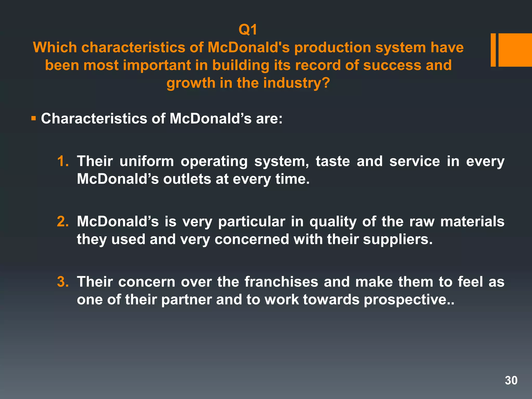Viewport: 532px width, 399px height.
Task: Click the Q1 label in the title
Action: coord(248,30)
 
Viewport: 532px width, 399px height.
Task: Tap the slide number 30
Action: coord(511,380)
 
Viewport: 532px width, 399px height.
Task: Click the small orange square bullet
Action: coord(33,119)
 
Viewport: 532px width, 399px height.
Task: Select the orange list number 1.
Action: coord(63,161)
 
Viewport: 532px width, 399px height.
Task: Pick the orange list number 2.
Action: coord(63,221)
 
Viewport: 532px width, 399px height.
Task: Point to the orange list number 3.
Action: coord(63,282)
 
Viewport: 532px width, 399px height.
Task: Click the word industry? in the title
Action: coord(296,83)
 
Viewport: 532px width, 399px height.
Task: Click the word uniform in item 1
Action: coord(147,161)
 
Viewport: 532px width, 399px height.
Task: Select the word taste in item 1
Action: coord(333,161)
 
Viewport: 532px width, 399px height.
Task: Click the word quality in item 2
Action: coord(333,222)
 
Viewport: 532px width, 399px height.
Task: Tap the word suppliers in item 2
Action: coord(397,240)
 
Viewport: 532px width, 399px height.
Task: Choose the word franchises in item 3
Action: coord(281,282)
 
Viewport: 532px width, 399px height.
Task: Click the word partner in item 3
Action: coord(186,300)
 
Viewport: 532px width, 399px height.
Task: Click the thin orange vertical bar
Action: coord(493,50)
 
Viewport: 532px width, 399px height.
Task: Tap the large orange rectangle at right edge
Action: coord(515,50)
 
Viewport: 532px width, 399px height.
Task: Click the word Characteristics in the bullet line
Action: coord(94,119)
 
